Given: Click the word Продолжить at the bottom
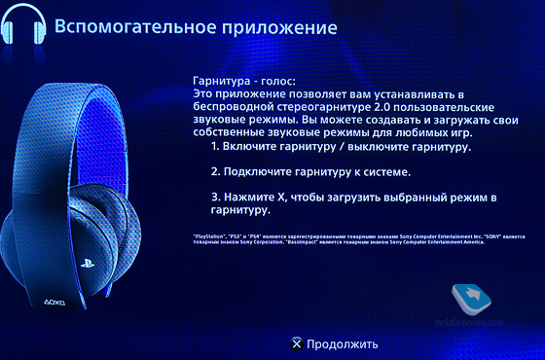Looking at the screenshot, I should pos(341,343).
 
